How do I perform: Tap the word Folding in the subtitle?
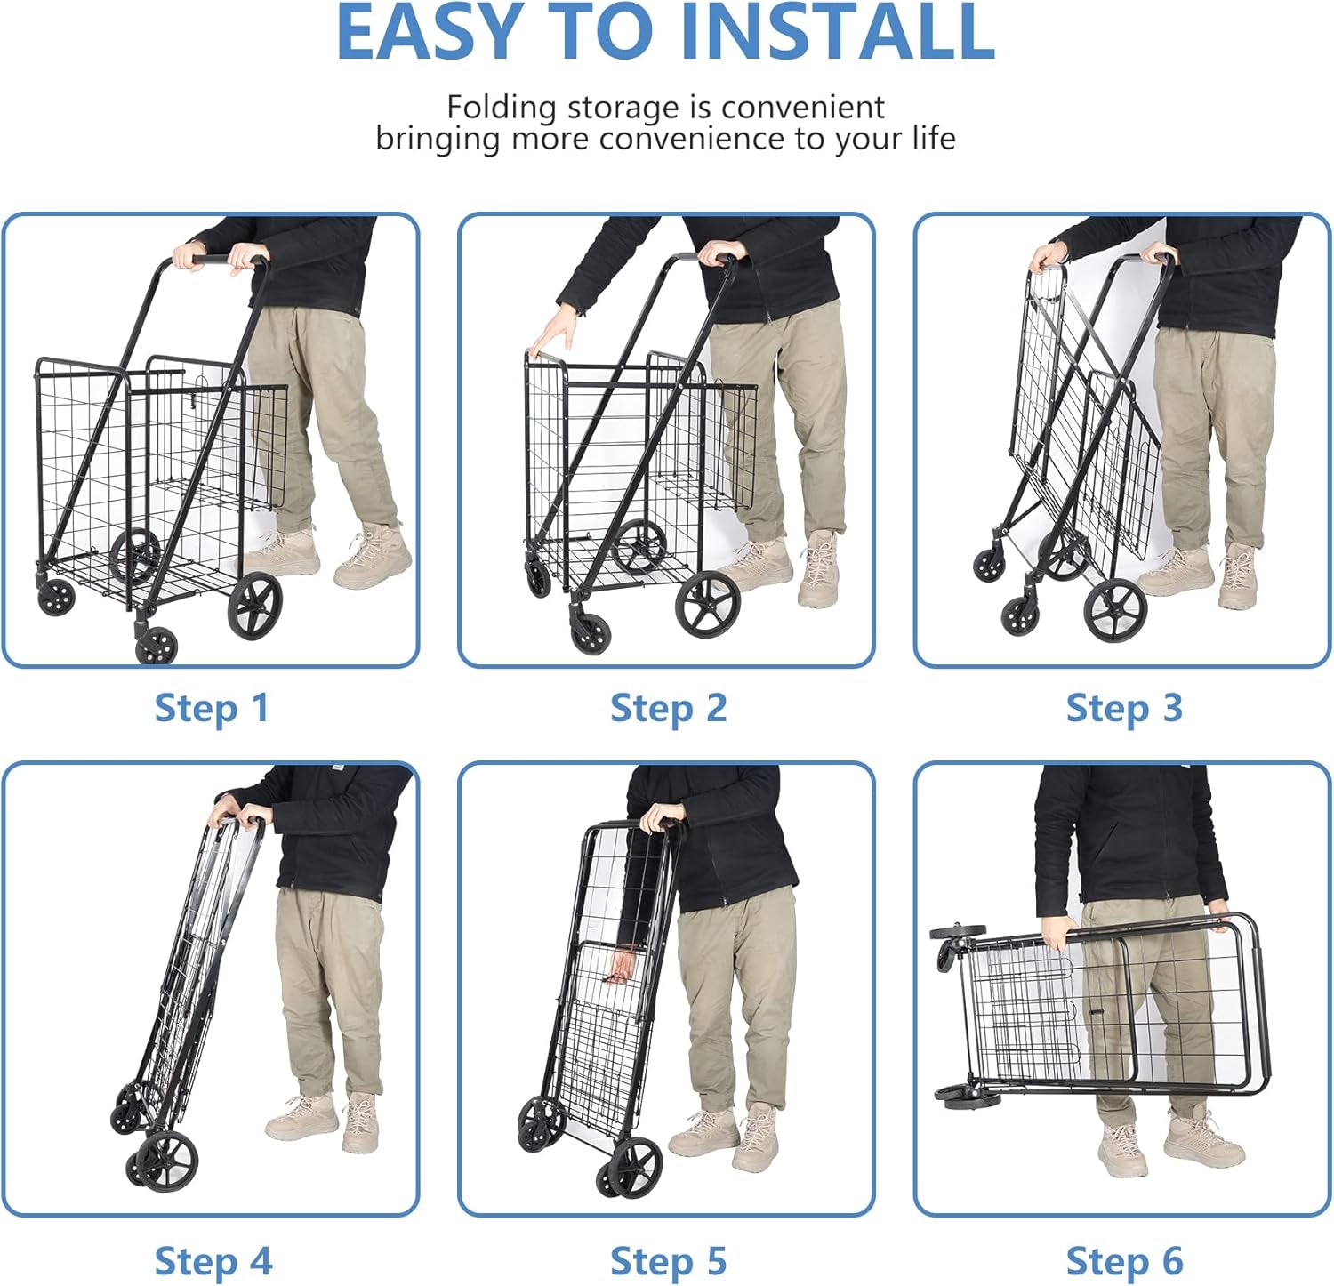coord(502,108)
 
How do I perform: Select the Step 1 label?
coord(212,709)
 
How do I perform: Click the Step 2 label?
coord(668,709)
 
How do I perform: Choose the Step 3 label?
coord(1124,709)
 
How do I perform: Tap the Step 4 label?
coord(213,1261)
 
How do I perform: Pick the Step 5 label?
coord(668,1261)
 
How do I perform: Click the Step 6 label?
coord(1124,1261)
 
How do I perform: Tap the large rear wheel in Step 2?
coord(708,604)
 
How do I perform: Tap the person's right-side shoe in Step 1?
coord(374,558)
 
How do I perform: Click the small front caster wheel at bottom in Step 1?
coord(157,644)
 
